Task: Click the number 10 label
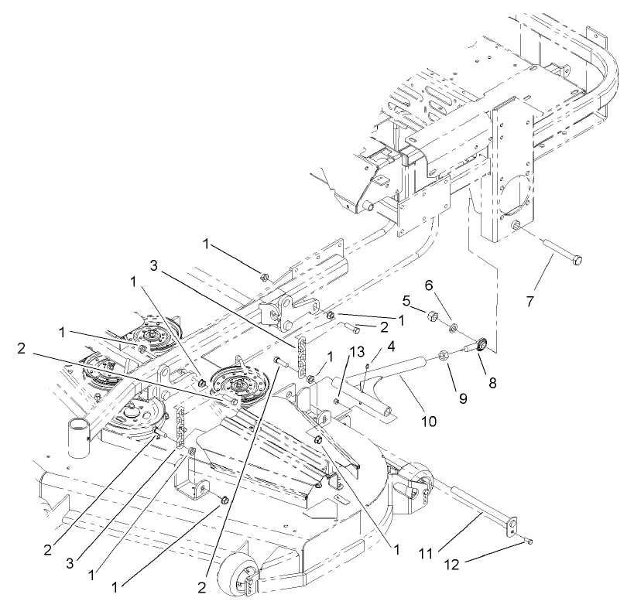click(428, 422)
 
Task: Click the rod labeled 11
click(472, 504)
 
